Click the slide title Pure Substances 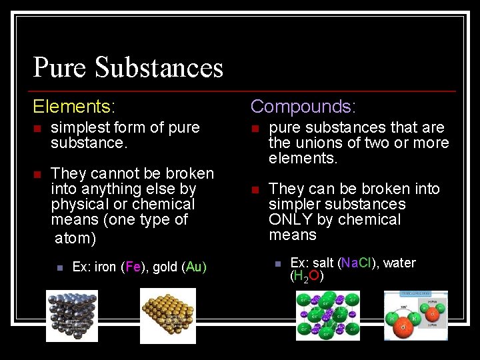[x=128, y=67]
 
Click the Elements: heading [x=75, y=106]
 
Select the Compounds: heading [x=303, y=106]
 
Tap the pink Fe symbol [x=133, y=267]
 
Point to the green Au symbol [x=194, y=267]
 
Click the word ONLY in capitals [x=291, y=219]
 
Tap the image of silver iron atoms [x=71, y=316]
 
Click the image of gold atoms [x=168, y=316]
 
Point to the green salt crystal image [x=328, y=317]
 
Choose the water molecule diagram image [x=415, y=316]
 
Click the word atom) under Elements [x=75, y=238]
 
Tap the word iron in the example [x=105, y=267]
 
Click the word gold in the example [x=165, y=267]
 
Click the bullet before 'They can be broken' [x=255, y=190]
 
